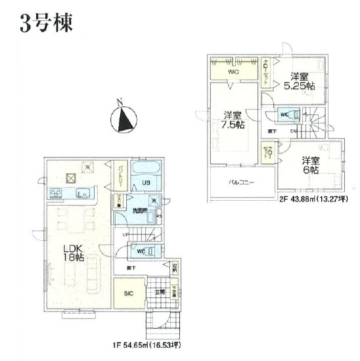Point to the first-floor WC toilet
pos(143,250)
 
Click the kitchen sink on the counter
pos(83,193)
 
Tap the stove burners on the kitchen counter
pos(56,193)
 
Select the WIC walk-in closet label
pos(234,71)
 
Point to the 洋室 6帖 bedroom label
pos(310,165)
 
